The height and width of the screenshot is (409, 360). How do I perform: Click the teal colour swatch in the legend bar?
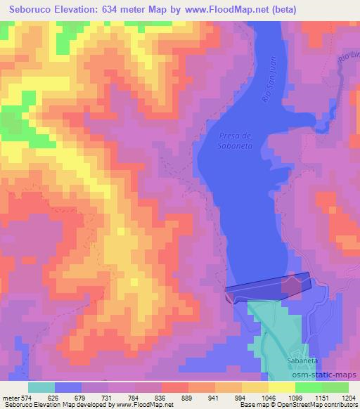click(x=41, y=387)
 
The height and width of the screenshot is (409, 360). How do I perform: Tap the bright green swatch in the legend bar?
click(x=335, y=387)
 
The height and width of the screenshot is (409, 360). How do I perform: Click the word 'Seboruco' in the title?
click(x=27, y=10)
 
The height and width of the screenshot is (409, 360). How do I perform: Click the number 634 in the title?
click(x=116, y=10)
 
